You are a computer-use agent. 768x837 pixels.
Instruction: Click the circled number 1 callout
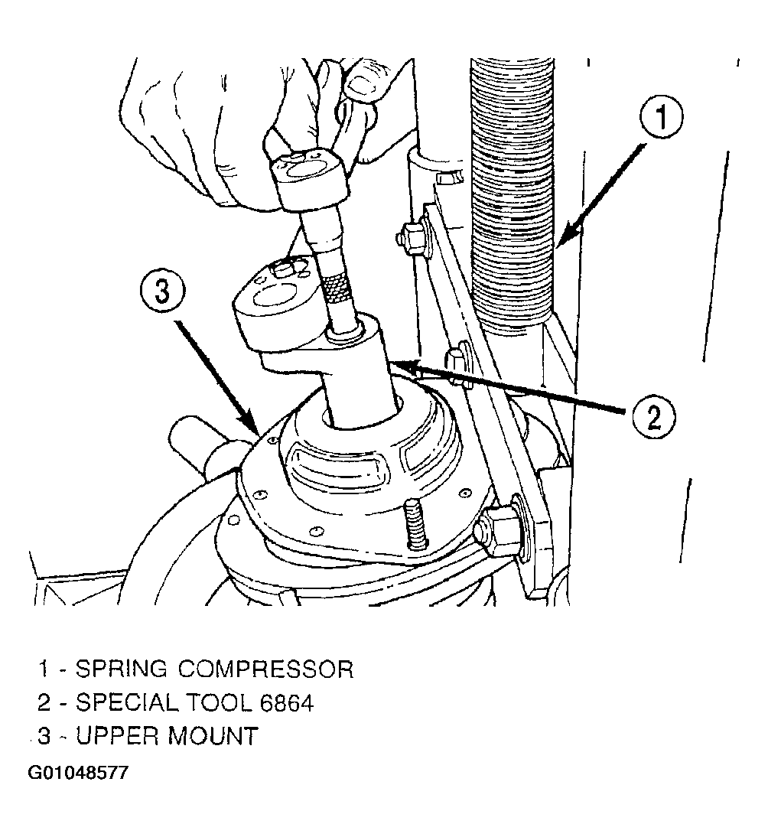[661, 117]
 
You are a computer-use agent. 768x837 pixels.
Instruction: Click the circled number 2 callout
[654, 417]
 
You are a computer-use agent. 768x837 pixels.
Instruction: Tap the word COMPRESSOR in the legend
[265, 669]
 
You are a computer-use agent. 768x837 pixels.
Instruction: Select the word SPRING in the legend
[122, 669]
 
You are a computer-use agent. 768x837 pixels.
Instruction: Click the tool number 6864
[287, 703]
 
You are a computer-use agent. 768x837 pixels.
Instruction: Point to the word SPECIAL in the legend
[126, 703]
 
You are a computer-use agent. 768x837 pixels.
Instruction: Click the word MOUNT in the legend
[213, 737]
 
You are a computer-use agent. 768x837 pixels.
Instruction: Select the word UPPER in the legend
[117, 737]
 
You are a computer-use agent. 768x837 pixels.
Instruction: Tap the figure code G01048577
[78, 773]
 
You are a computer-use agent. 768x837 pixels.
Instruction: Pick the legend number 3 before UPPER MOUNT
[44, 737]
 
